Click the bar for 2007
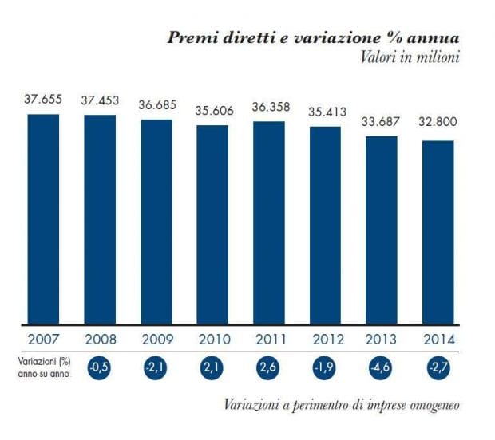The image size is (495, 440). point(43,219)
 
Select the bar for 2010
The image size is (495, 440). point(212,225)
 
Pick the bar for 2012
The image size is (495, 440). point(325,226)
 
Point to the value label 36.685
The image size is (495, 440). point(156,104)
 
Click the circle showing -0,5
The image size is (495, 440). point(100,367)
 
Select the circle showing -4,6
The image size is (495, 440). point(382,367)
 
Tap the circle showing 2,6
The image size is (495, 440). point(268,367)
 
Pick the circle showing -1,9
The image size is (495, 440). point(325,367)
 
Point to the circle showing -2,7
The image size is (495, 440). point(438,367)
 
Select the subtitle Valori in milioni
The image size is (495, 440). point(416,57)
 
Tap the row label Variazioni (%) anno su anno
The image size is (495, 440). point(40,367)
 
